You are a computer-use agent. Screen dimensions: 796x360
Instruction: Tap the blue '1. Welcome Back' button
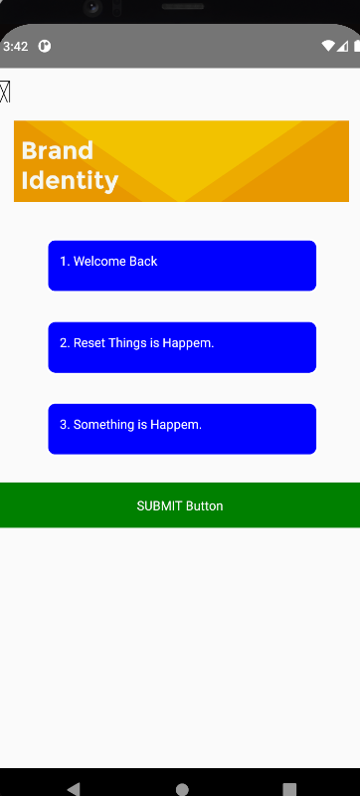(x=182, y=266)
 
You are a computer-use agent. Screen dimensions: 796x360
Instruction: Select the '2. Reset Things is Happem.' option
(x=182, y=347)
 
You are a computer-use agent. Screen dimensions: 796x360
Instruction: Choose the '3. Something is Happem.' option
(x=182, y=429)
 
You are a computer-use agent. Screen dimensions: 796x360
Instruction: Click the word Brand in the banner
(x=57, y=150)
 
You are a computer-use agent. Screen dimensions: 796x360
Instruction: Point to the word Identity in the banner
(x=70, y=180)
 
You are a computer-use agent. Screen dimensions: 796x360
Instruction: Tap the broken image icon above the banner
(x=5, y=92)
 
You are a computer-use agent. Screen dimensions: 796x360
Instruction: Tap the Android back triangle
(x=73, y=788)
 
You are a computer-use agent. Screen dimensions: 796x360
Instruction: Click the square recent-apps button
(x=289, y=788)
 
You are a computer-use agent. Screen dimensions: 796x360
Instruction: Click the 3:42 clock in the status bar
(x=16, y=46)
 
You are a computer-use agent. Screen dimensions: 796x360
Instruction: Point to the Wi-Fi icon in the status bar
(x=328, y=46)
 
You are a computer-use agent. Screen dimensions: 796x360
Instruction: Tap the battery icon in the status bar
(x=352, y=46)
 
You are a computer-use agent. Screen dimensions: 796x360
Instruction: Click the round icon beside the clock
(x=45, y=46)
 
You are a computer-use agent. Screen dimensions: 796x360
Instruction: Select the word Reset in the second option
(x=89, y=343)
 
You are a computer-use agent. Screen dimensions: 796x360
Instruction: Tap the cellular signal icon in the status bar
(x=341, y=46)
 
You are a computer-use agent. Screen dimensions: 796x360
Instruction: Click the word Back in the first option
(x=143, y=262)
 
